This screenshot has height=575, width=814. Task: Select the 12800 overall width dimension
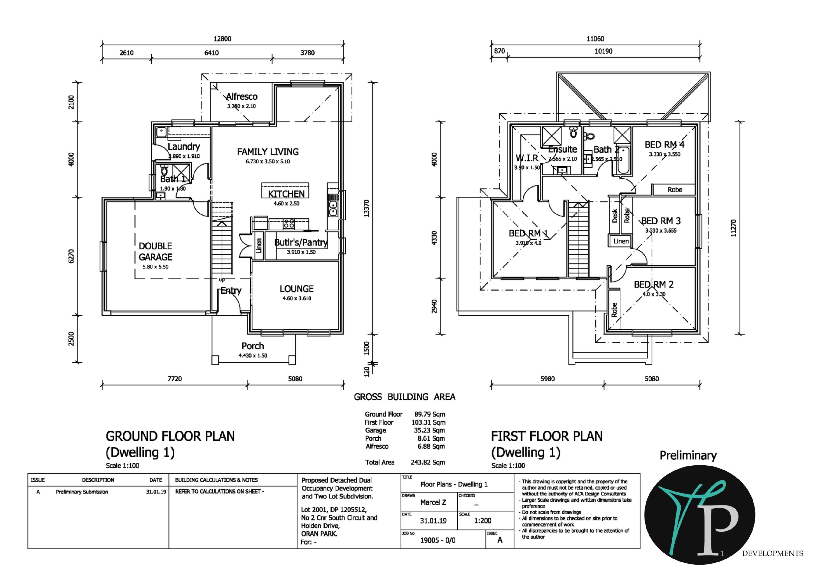coord(222,39)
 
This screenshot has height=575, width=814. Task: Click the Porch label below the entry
coord(252,346)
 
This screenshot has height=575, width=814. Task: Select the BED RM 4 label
coord(664,144)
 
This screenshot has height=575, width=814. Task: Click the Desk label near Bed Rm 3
coord(615,215)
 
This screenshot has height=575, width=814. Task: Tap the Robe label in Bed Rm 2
coord(614,310)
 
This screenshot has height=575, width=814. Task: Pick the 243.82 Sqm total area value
coord(428,462)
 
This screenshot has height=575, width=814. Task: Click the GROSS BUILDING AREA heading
coord(404,397)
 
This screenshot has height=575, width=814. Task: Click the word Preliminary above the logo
coord(688,455)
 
